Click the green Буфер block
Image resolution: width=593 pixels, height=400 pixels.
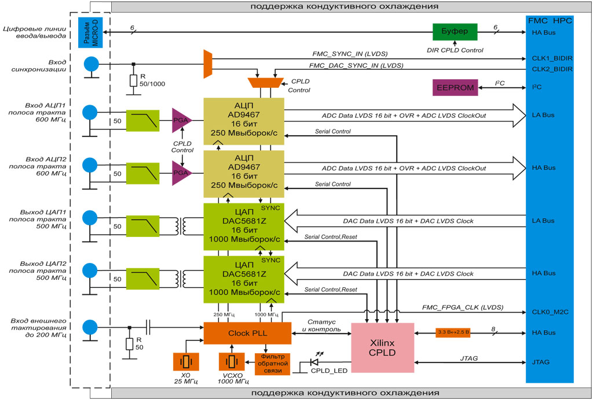[x=455, y=32]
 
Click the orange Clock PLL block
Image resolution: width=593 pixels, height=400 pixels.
[x=247, y=333]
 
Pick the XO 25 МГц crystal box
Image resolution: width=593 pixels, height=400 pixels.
[x=186, y=362]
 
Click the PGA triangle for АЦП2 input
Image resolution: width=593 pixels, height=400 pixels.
[x=181, y=173]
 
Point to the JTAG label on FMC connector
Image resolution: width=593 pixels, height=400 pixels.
[x=540, y=362]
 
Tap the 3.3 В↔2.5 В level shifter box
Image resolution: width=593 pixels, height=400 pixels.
[x=453, y=332]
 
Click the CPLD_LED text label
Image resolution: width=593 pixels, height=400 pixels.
[x=328, y=371]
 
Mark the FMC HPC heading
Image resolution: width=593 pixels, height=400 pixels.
[x=550, y=20]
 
